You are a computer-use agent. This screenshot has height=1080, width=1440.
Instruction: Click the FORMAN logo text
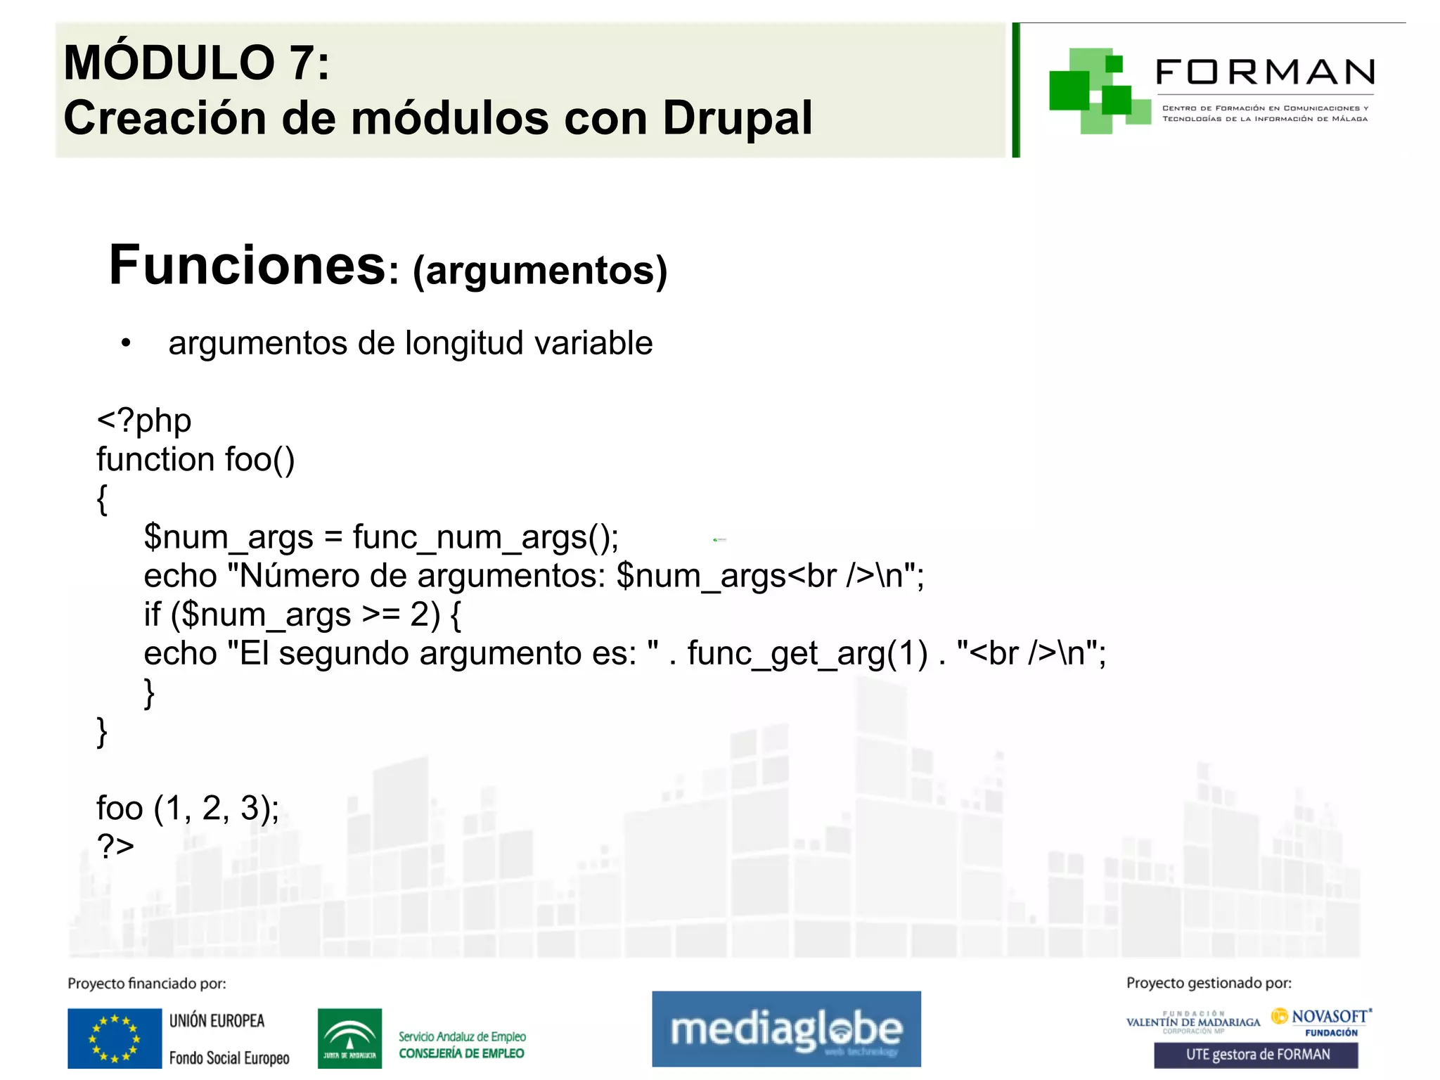pyautogui.click(x=1265, y=72)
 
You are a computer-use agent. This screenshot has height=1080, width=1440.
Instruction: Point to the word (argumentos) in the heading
pyautogui.click(x=540, y=271)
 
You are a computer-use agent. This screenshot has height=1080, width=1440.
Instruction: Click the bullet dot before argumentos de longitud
pyautogui.click(x=126, y=343)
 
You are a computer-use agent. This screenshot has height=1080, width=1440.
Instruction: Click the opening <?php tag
pyautogui.click(x=144, y=420)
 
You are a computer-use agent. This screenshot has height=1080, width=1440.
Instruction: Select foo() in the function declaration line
pyautogui.click(x=259, y=460)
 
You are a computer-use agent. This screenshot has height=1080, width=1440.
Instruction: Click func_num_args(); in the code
pyautogui.click(x=485, y=537)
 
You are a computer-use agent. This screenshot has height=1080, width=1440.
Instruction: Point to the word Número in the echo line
pyautogui.click(x=297, y=576)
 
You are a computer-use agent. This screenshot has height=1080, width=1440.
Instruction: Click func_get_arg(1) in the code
pyautogui.click(x=807, y=653)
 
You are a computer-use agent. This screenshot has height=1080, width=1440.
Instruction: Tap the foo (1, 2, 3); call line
pyautogui.click(x=188, y=808)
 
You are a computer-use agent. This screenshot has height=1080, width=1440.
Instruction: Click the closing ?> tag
pyautogui.click(x=115, y=846)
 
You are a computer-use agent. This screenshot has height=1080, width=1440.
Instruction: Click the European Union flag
pyautogui.click(x=115, y=1039)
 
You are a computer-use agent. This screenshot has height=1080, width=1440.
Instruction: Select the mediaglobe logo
pyautogui.click(x=786, y=1029)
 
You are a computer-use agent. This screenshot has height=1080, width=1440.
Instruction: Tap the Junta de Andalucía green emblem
pyautogui.click(x=349, y=1039)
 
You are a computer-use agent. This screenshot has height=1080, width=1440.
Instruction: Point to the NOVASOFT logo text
pyautogui.click(x=1329, y=1017)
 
